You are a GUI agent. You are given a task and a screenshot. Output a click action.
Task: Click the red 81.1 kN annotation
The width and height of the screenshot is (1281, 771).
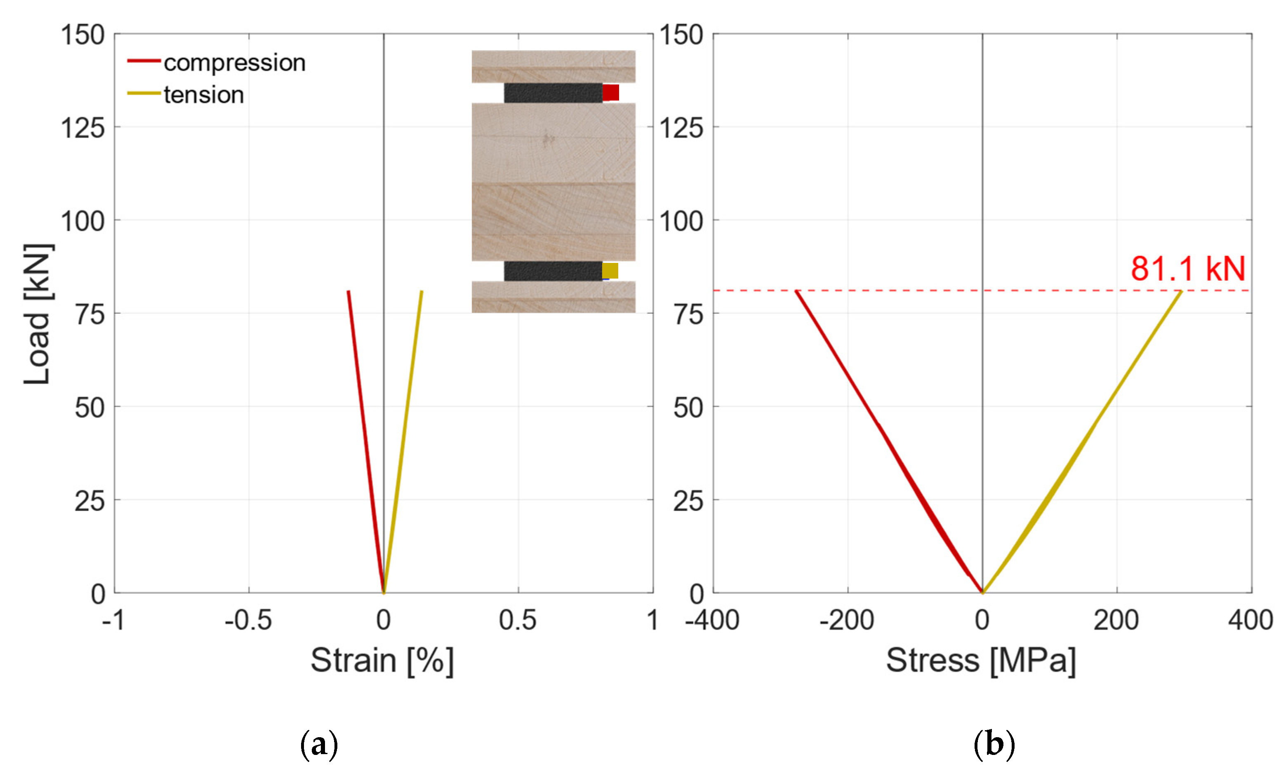(x=1187, y=269)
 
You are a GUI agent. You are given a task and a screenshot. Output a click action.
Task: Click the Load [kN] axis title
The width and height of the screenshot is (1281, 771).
(x=38, y=314)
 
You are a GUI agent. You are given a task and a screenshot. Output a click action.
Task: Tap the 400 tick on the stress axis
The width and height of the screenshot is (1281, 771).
(x=1250, y=620)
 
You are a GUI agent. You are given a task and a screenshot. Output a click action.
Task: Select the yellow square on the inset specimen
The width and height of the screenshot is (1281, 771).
(x=610, y=271)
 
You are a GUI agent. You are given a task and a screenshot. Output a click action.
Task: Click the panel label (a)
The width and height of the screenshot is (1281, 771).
(x=319, y=745)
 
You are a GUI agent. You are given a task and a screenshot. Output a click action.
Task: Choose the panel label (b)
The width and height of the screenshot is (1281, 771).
(x=994, y=745)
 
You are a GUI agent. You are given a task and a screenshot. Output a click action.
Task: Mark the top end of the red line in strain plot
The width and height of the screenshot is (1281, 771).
(x=349, y=292)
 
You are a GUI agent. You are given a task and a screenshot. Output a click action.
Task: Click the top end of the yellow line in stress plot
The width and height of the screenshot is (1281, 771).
(x=1181, y=292)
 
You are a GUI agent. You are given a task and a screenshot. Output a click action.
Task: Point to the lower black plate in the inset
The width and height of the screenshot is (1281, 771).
(x=553, y=271)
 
